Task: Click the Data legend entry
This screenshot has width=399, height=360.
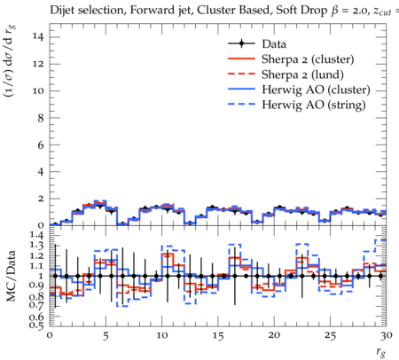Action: coord(274,44)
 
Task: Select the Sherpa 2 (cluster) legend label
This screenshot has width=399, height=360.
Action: coord(308,59)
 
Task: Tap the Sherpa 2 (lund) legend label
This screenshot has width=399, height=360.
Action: coord(302,74)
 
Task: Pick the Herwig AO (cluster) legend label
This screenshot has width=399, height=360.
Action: coord(316,90)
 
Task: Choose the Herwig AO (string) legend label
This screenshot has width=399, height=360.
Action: coord(314,105)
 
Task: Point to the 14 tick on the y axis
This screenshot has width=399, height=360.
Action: coord(39,37)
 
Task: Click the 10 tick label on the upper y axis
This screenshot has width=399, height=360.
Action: coord(39,90)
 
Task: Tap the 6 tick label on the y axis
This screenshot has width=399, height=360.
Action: coord(41,145)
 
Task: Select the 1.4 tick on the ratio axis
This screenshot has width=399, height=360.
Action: coord(37,236)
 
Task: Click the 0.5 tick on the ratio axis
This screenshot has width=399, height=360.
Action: coord(37,325)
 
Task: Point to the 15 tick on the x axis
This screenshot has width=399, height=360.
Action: coord(218,336)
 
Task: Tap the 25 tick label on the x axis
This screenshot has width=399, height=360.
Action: coord(330,336)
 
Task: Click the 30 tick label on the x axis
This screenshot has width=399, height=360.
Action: coord(387,336)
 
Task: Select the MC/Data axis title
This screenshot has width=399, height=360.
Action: coord(11,276)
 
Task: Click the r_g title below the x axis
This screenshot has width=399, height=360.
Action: coord(381,352)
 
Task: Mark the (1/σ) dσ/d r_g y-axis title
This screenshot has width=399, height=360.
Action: coord(10,61)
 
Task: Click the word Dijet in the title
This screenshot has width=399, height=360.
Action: coord(62,11)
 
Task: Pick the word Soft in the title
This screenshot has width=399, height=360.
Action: coord(286,11)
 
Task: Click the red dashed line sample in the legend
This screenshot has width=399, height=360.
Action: coord(241,74)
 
